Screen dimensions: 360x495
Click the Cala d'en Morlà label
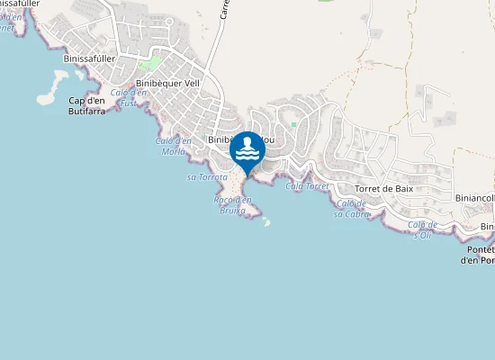pos(173,146)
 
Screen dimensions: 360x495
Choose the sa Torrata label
pos(206,177)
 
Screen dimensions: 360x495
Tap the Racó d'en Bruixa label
pos(233,204)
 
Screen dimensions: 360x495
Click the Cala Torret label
pos(306,186)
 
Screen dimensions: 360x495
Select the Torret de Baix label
pos(382,189)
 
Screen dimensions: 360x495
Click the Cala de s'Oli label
pos(421,229)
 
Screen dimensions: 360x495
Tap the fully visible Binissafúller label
pos(91,58)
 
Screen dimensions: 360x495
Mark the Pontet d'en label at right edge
pos(476,255)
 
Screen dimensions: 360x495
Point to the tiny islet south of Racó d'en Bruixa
pos(266,223)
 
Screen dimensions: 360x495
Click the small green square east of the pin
pos(293,123)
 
